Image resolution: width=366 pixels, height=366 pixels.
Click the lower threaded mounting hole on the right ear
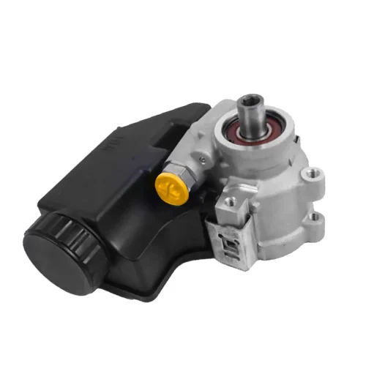point(317,217)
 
